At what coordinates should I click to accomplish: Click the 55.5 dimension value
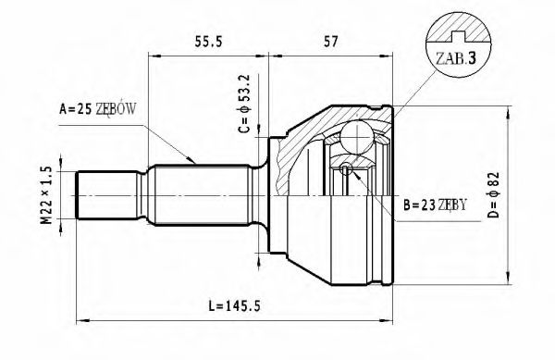pyautogui.click(x=208, y=42)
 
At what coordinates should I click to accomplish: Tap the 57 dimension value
pyautogui.click(x=331, y=42)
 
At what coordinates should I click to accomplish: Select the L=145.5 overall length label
pyautogui.click(x=234, y=305)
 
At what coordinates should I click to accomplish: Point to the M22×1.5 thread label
pyautogui.click(x=46, y=195)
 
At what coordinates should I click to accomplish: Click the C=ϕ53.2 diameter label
pyautogui.click(x=244, y=104)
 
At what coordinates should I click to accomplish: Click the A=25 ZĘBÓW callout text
pyautogui.click(x=97, y=109)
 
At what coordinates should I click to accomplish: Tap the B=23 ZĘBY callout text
pyautogui.click(x=436, y=205)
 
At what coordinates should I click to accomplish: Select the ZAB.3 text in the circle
pyautogui.click(x=456, y=58)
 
